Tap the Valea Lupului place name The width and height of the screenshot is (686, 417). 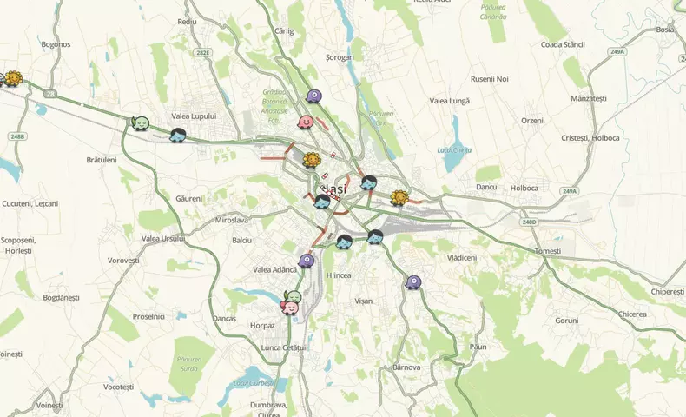[193, 116]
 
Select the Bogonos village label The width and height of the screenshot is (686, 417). [56, 43]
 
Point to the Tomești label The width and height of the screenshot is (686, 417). [548, 251]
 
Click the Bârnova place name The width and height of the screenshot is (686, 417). [406, 367]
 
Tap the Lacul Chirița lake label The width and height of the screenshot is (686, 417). [455, 150]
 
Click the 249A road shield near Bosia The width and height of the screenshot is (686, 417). [617, 52]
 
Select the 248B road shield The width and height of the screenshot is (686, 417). [18, 136]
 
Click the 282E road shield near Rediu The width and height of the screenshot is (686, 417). [202, 53]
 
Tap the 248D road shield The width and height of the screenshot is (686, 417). [530, 222]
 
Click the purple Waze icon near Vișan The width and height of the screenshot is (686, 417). [413, 282]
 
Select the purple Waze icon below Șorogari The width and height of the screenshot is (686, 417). [313, 96]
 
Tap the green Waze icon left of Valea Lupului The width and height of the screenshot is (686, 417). [140, 123]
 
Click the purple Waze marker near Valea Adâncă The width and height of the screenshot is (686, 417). [306, 261]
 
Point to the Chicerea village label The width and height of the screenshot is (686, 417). [632, 314]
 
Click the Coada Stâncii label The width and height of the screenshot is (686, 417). [564, 43]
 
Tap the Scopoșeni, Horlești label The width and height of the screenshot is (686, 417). [16, 244]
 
